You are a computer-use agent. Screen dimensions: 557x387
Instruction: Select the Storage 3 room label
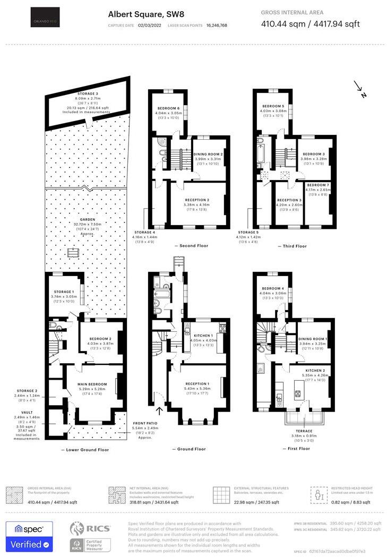coord(88,93)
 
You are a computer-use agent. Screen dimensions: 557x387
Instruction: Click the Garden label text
coord(88,220)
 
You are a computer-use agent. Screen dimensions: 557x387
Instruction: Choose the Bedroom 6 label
coord(167,109)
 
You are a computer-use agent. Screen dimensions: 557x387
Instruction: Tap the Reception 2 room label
coord(197,200)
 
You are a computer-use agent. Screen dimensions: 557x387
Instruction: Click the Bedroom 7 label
coord(318,185)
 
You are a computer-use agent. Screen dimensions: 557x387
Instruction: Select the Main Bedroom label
coord(92,384)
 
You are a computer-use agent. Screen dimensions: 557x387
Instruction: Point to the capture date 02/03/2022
coord(149,25)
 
